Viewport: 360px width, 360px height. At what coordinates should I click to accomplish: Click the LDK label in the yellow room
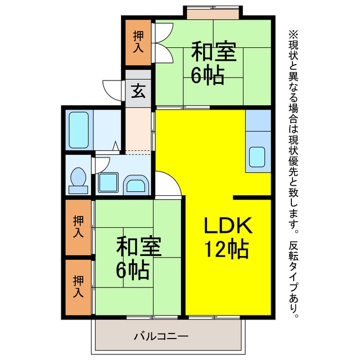(228, 225)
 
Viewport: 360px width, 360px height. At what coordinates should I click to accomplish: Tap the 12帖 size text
(227, 250)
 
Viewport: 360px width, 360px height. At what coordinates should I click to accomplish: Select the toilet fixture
(78, 181)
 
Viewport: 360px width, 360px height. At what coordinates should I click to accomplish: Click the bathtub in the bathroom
(79, 130)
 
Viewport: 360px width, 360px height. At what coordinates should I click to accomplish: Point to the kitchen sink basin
(257, 157)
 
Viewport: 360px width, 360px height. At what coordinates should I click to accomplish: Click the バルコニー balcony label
(161, 336)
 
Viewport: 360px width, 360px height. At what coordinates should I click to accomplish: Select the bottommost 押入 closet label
(78, 286)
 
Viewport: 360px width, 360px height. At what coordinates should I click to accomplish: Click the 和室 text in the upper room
(214, 51)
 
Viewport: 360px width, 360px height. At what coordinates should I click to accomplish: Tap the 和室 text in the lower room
(139, 246)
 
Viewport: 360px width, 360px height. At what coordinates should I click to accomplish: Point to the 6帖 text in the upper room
(208, 75)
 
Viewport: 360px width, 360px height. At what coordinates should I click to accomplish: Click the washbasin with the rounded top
(136, 184)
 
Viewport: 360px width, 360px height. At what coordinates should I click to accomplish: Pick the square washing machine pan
(109, 183)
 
